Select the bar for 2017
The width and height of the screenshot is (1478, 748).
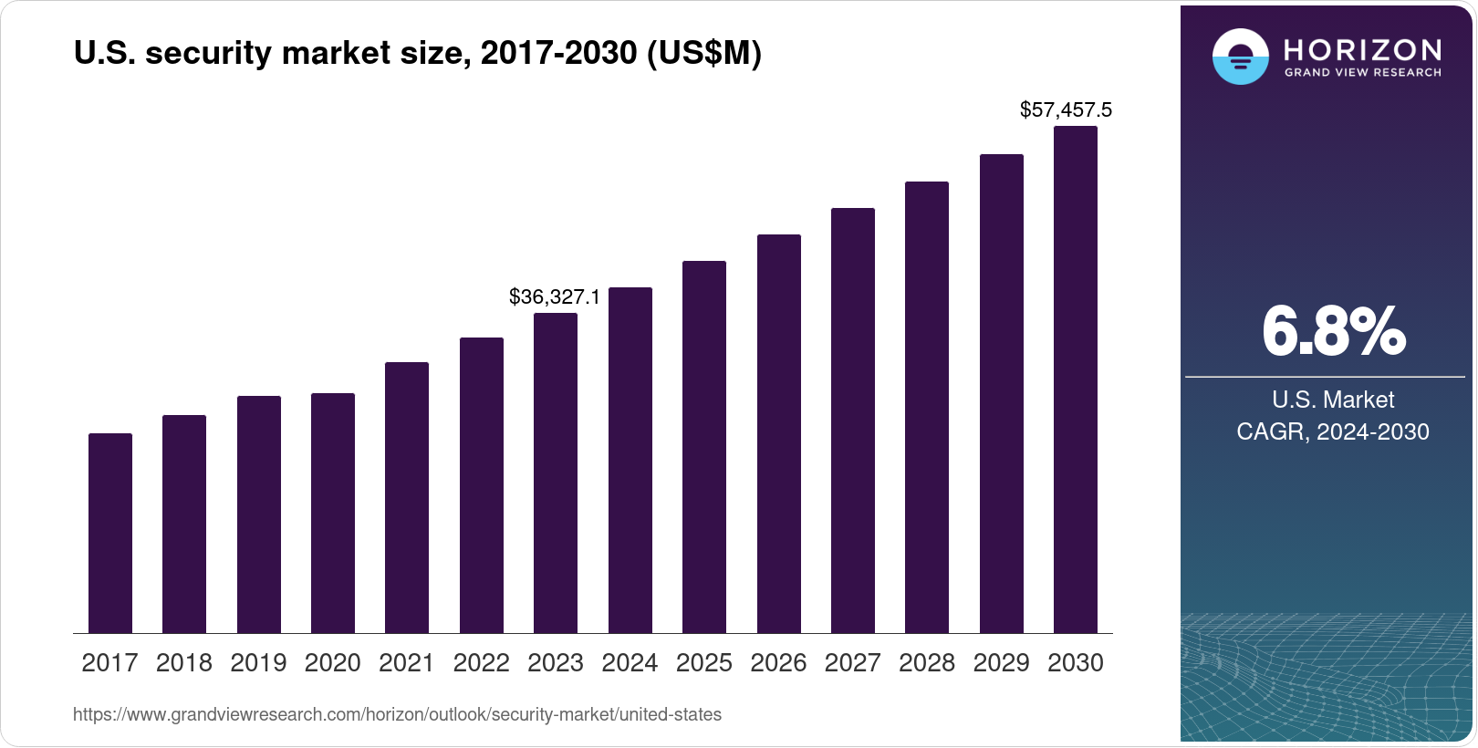(110, 533)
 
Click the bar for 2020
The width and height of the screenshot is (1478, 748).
(333, 513)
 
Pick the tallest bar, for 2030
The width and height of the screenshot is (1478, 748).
(1076, 379)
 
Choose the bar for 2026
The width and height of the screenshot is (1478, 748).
(779, 433)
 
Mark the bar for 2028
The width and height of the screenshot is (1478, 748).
(927, 407)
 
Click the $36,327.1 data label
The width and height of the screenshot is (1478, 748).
(555, 296)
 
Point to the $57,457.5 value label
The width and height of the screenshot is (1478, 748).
(1066, 110)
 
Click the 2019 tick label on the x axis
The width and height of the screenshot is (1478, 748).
(258, 663)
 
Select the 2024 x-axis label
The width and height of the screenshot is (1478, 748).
(630, 663)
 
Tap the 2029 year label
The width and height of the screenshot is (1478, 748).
(1001, 663)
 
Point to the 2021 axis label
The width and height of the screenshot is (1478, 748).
(407, 663)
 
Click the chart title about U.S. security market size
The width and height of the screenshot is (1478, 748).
(417, 54)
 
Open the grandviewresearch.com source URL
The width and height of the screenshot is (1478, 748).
(397, 715)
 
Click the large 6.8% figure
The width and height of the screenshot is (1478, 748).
(1333, 332)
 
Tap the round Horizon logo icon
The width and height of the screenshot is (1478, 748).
(1240, 57)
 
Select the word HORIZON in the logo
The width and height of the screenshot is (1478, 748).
(1363, 49)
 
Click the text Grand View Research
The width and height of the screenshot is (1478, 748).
(1363, 73)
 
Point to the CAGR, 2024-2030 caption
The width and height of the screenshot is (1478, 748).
(1332, 431)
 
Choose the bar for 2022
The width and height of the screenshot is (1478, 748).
(482, 485)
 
